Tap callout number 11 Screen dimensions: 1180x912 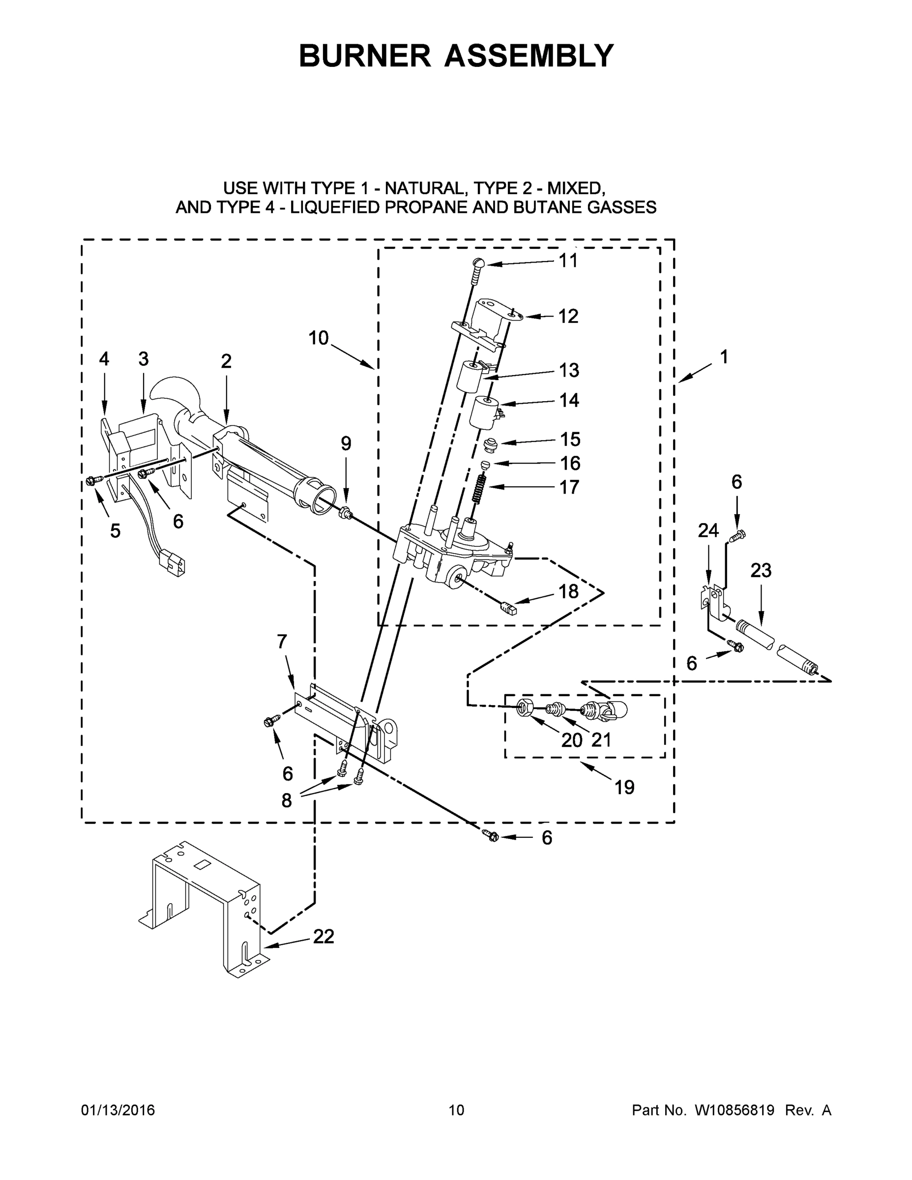[x=568, y=261]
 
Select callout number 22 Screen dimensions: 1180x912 [x=324, y=936]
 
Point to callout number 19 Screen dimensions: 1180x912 [x=624, y=788]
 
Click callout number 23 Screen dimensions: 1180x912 [x=761, y=570]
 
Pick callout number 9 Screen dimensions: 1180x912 [x=346, y=443]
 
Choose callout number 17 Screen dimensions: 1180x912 [x=569, y=487]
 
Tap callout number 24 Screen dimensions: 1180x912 [x=708, y=531]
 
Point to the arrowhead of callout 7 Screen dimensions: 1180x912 [x=294, y=687]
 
